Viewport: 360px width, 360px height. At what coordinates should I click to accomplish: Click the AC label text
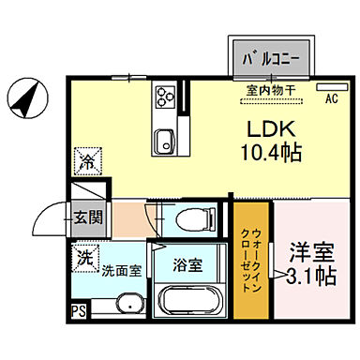coord(331,97)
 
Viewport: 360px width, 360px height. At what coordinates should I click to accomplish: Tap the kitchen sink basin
coord(163,142)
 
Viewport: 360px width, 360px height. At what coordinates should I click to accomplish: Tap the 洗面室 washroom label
coord(122,270)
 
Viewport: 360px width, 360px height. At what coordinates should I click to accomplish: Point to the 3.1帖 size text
coord(310,277)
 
